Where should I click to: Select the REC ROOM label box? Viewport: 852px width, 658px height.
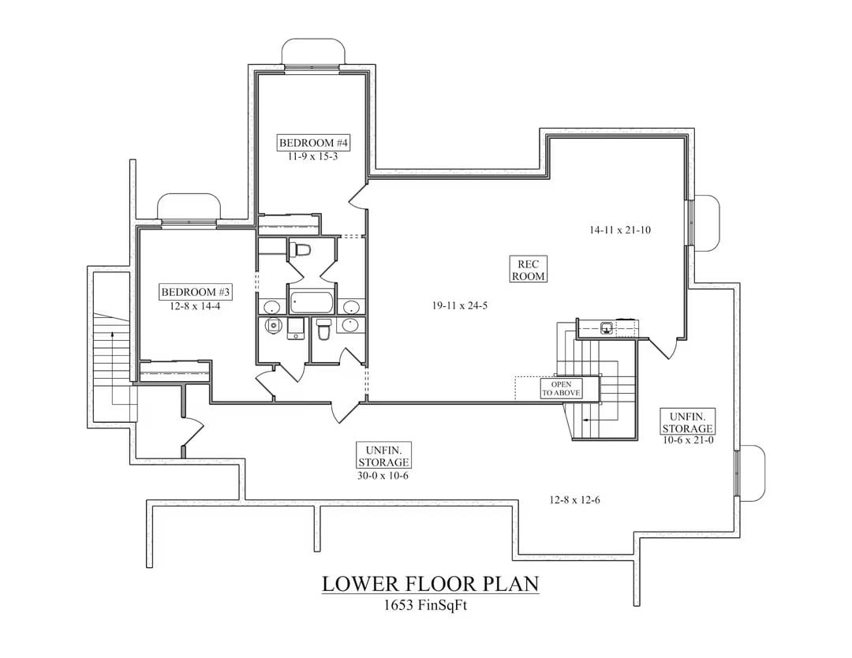pyautogui.click(x=529, y=270)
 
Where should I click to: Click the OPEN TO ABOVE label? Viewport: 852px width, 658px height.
pyautogui.click(x=561, y=388)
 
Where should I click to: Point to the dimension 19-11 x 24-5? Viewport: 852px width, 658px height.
pyautogui.click(x=459, y=305)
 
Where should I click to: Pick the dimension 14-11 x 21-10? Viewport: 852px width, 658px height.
pyautogui.click(x=619, y=230)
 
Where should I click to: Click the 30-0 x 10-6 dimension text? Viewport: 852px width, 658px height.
pyautogui.click(x=383, y=475)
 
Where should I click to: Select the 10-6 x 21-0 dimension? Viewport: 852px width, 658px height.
pyautogui.click(x=688, y=440)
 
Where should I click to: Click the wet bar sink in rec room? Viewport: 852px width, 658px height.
pyautogui.click(x=607, y=327)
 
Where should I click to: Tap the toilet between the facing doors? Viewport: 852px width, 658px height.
pyautogui.click(x=301, y=250)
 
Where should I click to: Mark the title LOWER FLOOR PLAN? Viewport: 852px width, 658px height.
pyautogui.click(x=430, y=585)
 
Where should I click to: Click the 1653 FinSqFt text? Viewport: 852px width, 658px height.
pyautogui.click(x=430, y=606)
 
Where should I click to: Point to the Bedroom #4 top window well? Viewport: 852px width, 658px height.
pyautogui.click(x=313, y=53)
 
